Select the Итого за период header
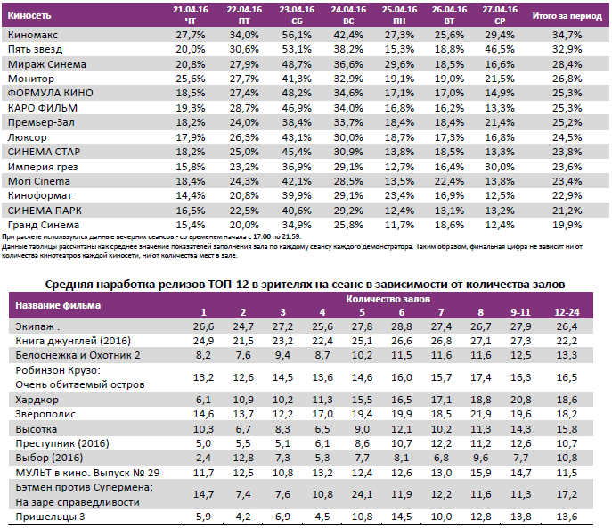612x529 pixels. tap(567, 16)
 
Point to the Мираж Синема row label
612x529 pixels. tap(44, 63)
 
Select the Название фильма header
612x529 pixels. tap(58, 305)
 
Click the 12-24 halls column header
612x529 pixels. tap(565, 312)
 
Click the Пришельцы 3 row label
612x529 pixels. tap(51, 516)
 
